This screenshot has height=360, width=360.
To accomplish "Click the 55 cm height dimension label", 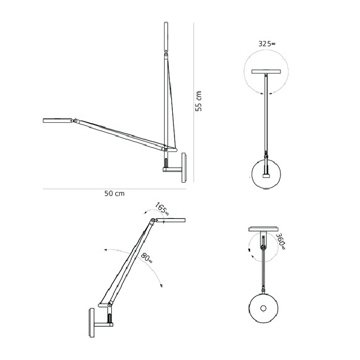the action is click(x=198, y=101).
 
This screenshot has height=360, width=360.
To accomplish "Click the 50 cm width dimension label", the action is click(x=115, y=194).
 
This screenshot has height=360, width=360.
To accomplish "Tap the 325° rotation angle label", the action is click(x=267, y=44).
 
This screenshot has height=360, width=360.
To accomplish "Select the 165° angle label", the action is click(x=162, y=209).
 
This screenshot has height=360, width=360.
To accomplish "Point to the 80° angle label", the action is click(x=146, y=257).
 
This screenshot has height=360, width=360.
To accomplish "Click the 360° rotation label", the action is click(x=281, y=241).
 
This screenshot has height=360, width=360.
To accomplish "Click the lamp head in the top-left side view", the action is click(x=58, y=120).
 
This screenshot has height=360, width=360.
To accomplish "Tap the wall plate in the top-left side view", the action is click(x=184, y=168).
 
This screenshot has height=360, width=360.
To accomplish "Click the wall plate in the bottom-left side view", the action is click(x=92, y=323).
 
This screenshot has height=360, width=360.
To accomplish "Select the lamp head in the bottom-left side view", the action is click(x=170, y=221).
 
